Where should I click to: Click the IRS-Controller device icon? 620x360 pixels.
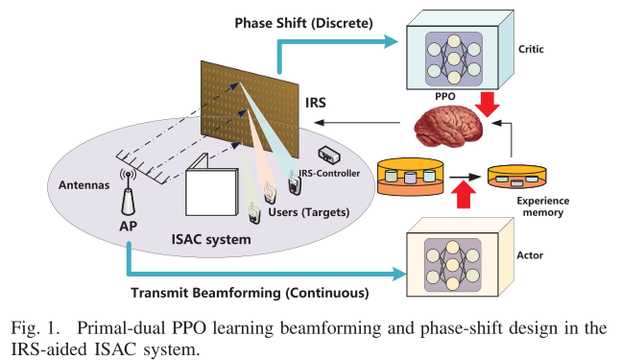click(x=330, y=156)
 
